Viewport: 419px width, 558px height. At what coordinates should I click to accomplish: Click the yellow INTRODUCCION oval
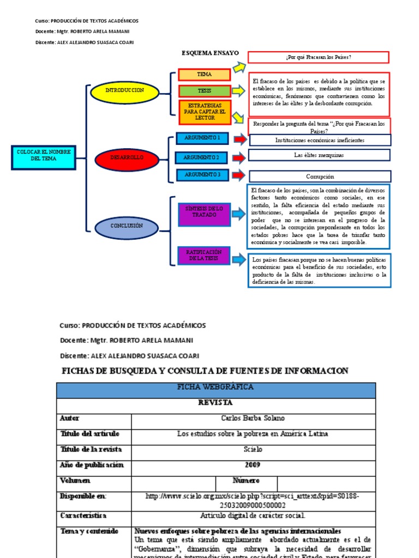(x=124, y=90)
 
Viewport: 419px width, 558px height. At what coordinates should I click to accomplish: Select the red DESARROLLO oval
(x=127, y=157)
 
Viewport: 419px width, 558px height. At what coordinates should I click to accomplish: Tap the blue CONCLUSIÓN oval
(x=127, y=226)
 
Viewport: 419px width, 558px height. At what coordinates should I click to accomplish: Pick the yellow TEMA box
(x=205, y=75)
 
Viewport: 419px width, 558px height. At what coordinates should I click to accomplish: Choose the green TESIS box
(x=205, y=90)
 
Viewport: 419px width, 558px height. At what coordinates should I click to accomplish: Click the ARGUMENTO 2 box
(x=201, y=157)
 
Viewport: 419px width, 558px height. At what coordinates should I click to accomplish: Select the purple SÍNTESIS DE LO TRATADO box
(x=205, y=213)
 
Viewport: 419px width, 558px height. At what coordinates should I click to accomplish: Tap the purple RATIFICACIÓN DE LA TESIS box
(x=204, y=256)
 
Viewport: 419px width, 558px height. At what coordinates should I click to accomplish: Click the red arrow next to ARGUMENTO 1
(x=240, y=139)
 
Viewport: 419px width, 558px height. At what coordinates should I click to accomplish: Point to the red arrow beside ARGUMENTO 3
(x=239, y=175)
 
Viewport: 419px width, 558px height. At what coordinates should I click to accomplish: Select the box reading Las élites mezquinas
(x=319, y=155)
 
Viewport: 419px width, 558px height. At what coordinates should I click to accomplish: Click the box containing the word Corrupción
(x=320, y=177)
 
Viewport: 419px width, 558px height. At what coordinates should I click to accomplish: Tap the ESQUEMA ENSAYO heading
(x=210, y=53)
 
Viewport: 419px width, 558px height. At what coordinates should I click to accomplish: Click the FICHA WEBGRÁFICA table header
(x=216, y=387)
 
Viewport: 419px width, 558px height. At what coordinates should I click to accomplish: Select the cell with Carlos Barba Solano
(x=253, y=418)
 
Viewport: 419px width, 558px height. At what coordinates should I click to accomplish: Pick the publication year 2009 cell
(x=253, y=465)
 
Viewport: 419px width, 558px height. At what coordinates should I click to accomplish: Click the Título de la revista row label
(x=91, y=450)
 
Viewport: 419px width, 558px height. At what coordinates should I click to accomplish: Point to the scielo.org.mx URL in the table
(x=253, y=500)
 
